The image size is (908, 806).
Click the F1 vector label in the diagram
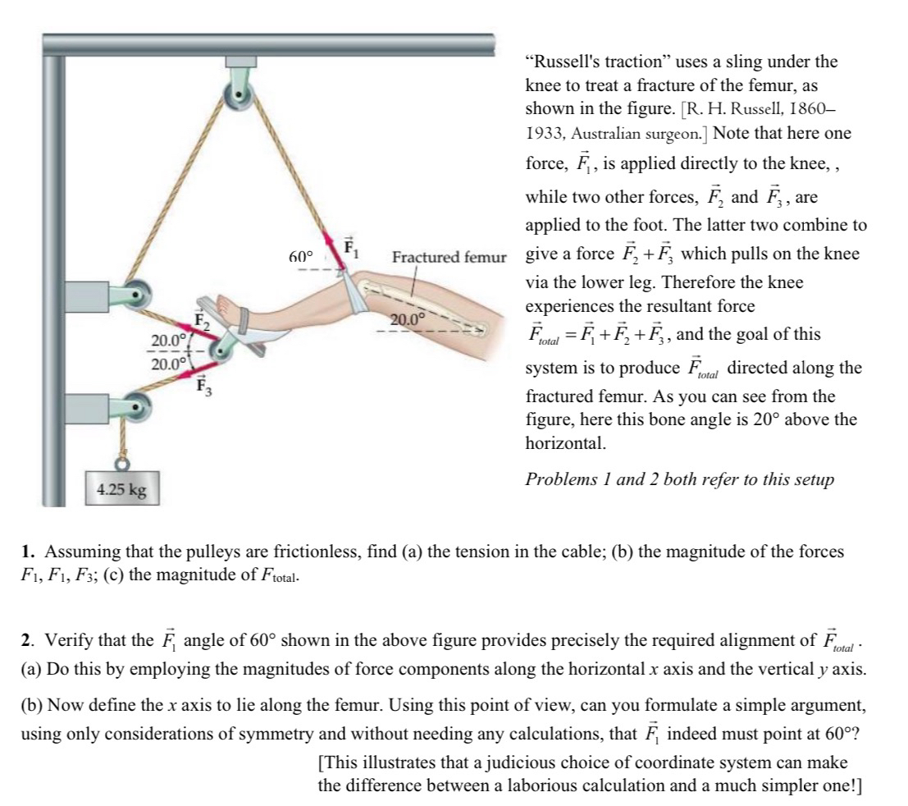coord(350,245)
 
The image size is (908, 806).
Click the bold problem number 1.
coord(25,553)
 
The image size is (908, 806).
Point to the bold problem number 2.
coord(25,639)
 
